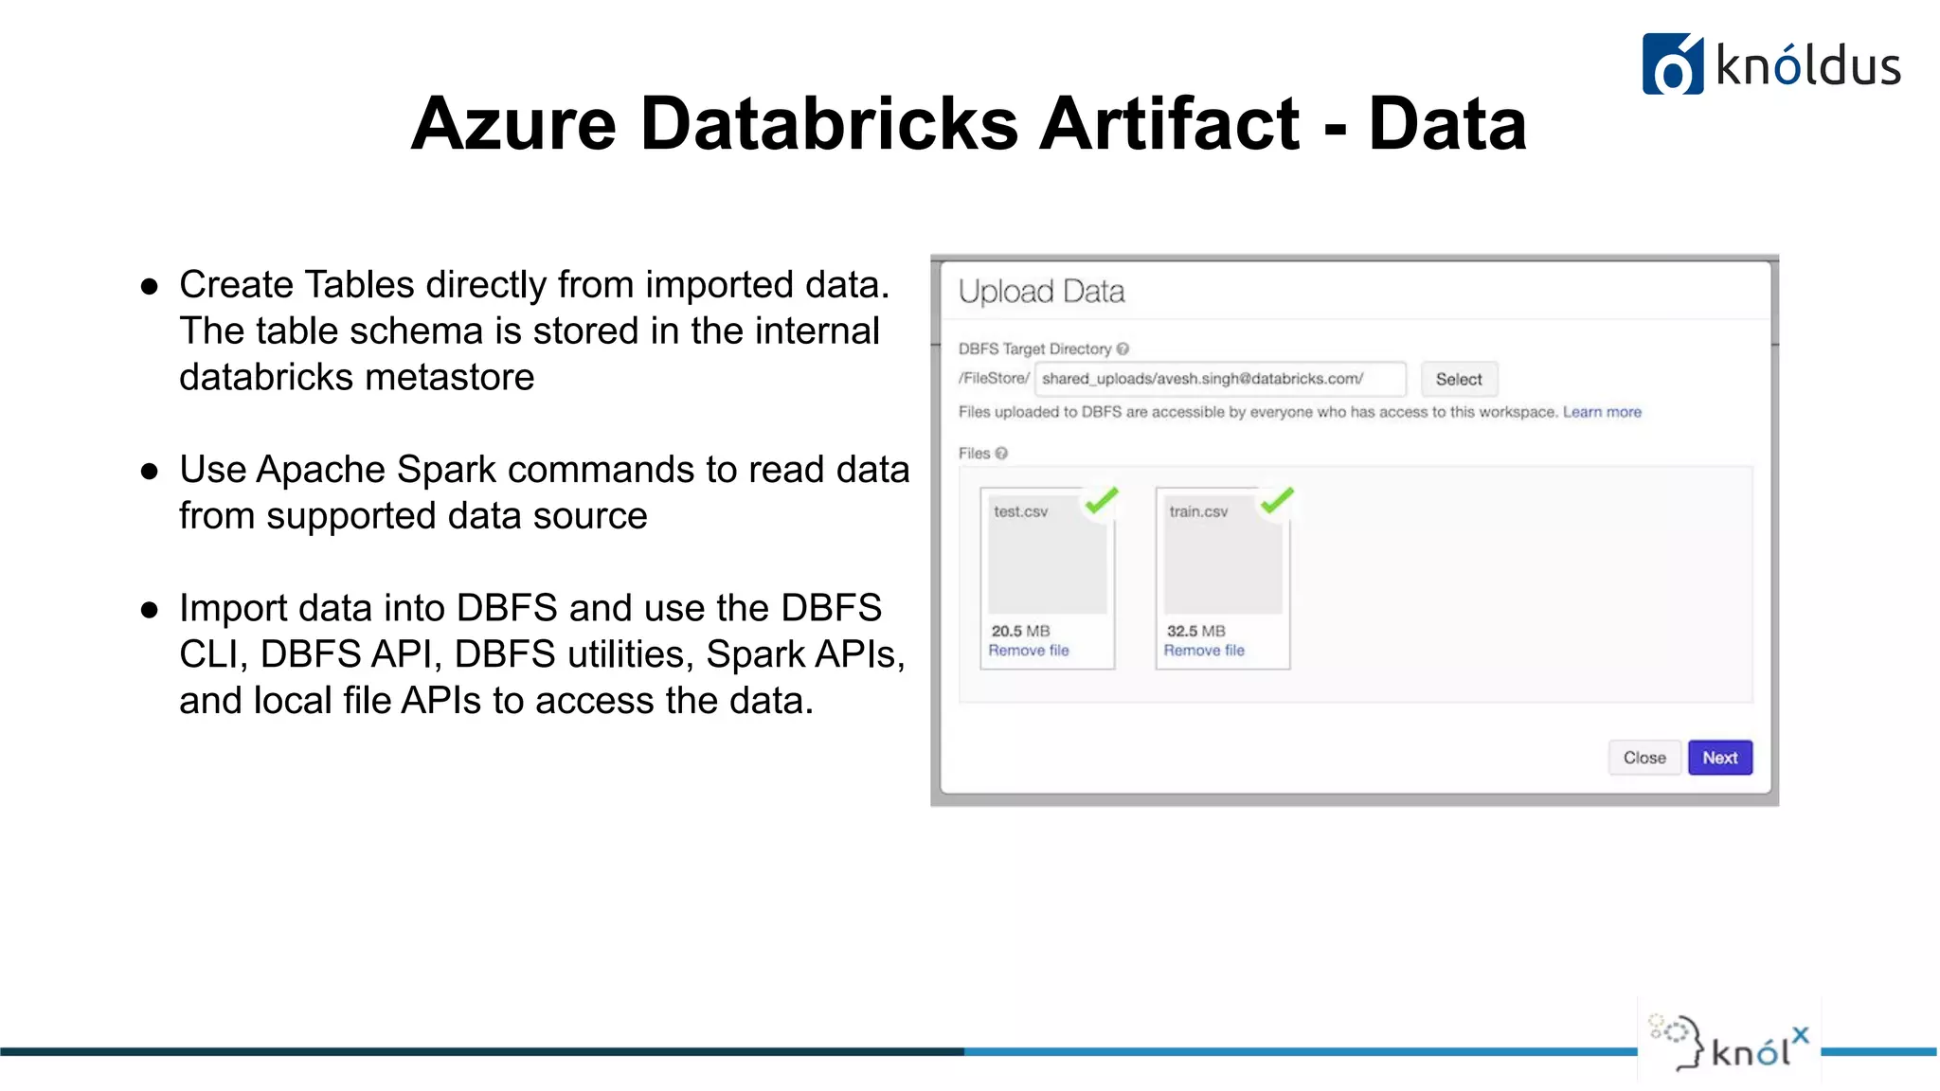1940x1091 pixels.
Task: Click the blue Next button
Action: click(x=1719, y=758)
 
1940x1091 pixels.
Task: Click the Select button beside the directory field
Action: click(x=1458, y=379)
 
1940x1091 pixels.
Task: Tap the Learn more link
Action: click(x=1602, y=412)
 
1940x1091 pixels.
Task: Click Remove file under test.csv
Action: click(x=1028, y=651)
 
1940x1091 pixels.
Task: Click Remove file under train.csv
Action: click(x=1204, y=651)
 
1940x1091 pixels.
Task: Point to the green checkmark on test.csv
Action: click(x=1102, y=499)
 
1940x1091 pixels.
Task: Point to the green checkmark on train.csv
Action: click(x=1277, y=499)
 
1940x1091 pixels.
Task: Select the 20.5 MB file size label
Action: click(x=1020, y=631)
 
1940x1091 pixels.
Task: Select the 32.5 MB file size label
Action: click(x=1195, y=631)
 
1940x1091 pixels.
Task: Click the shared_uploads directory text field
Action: click(x=1219, y=379)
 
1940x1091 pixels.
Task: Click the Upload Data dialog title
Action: click(x=1041, y=292)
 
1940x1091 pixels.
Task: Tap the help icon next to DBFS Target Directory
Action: click(x=1123, y=349)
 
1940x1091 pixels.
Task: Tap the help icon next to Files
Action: click(x=1001, y=454)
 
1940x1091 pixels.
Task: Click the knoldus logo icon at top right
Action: click(x=1672, y=64)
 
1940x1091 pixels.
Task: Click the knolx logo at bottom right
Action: click(x=1730, y=1043)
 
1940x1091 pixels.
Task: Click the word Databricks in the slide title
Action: click(x=829, y=123)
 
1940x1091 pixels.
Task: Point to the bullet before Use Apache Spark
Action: click(x=149, y=471)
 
